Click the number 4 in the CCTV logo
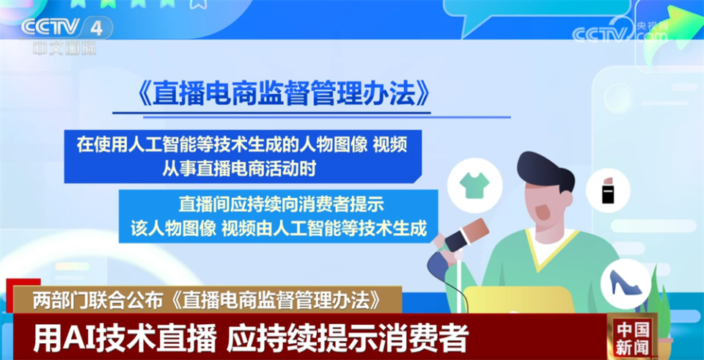pyautogui.click(x=96, y=27)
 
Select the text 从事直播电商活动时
pyautogui.click(x=240, y=169)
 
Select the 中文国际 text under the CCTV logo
pyautogui.click(x=64, y=48)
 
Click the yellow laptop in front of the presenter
pyautogui.click(x=517, y=300)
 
